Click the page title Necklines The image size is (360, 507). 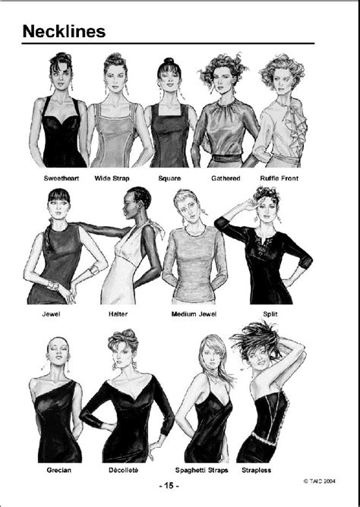[63, 31]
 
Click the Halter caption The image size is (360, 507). [134, 312]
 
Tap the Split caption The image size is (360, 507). [271, 312]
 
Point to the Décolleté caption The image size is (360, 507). [125, 470]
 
